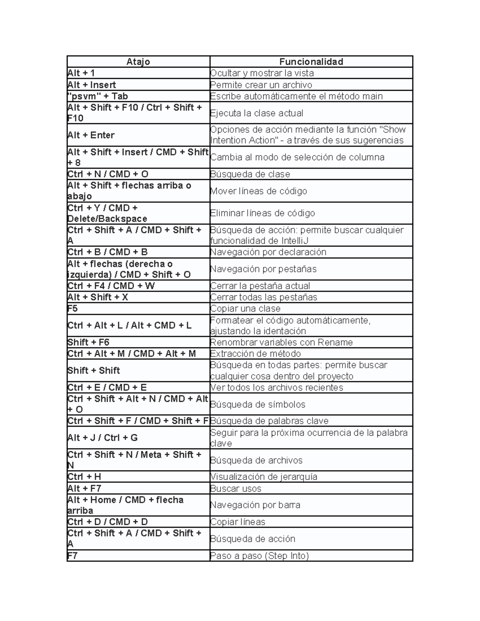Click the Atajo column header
(x=138, y=62)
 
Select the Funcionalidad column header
(x=311, y=62)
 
